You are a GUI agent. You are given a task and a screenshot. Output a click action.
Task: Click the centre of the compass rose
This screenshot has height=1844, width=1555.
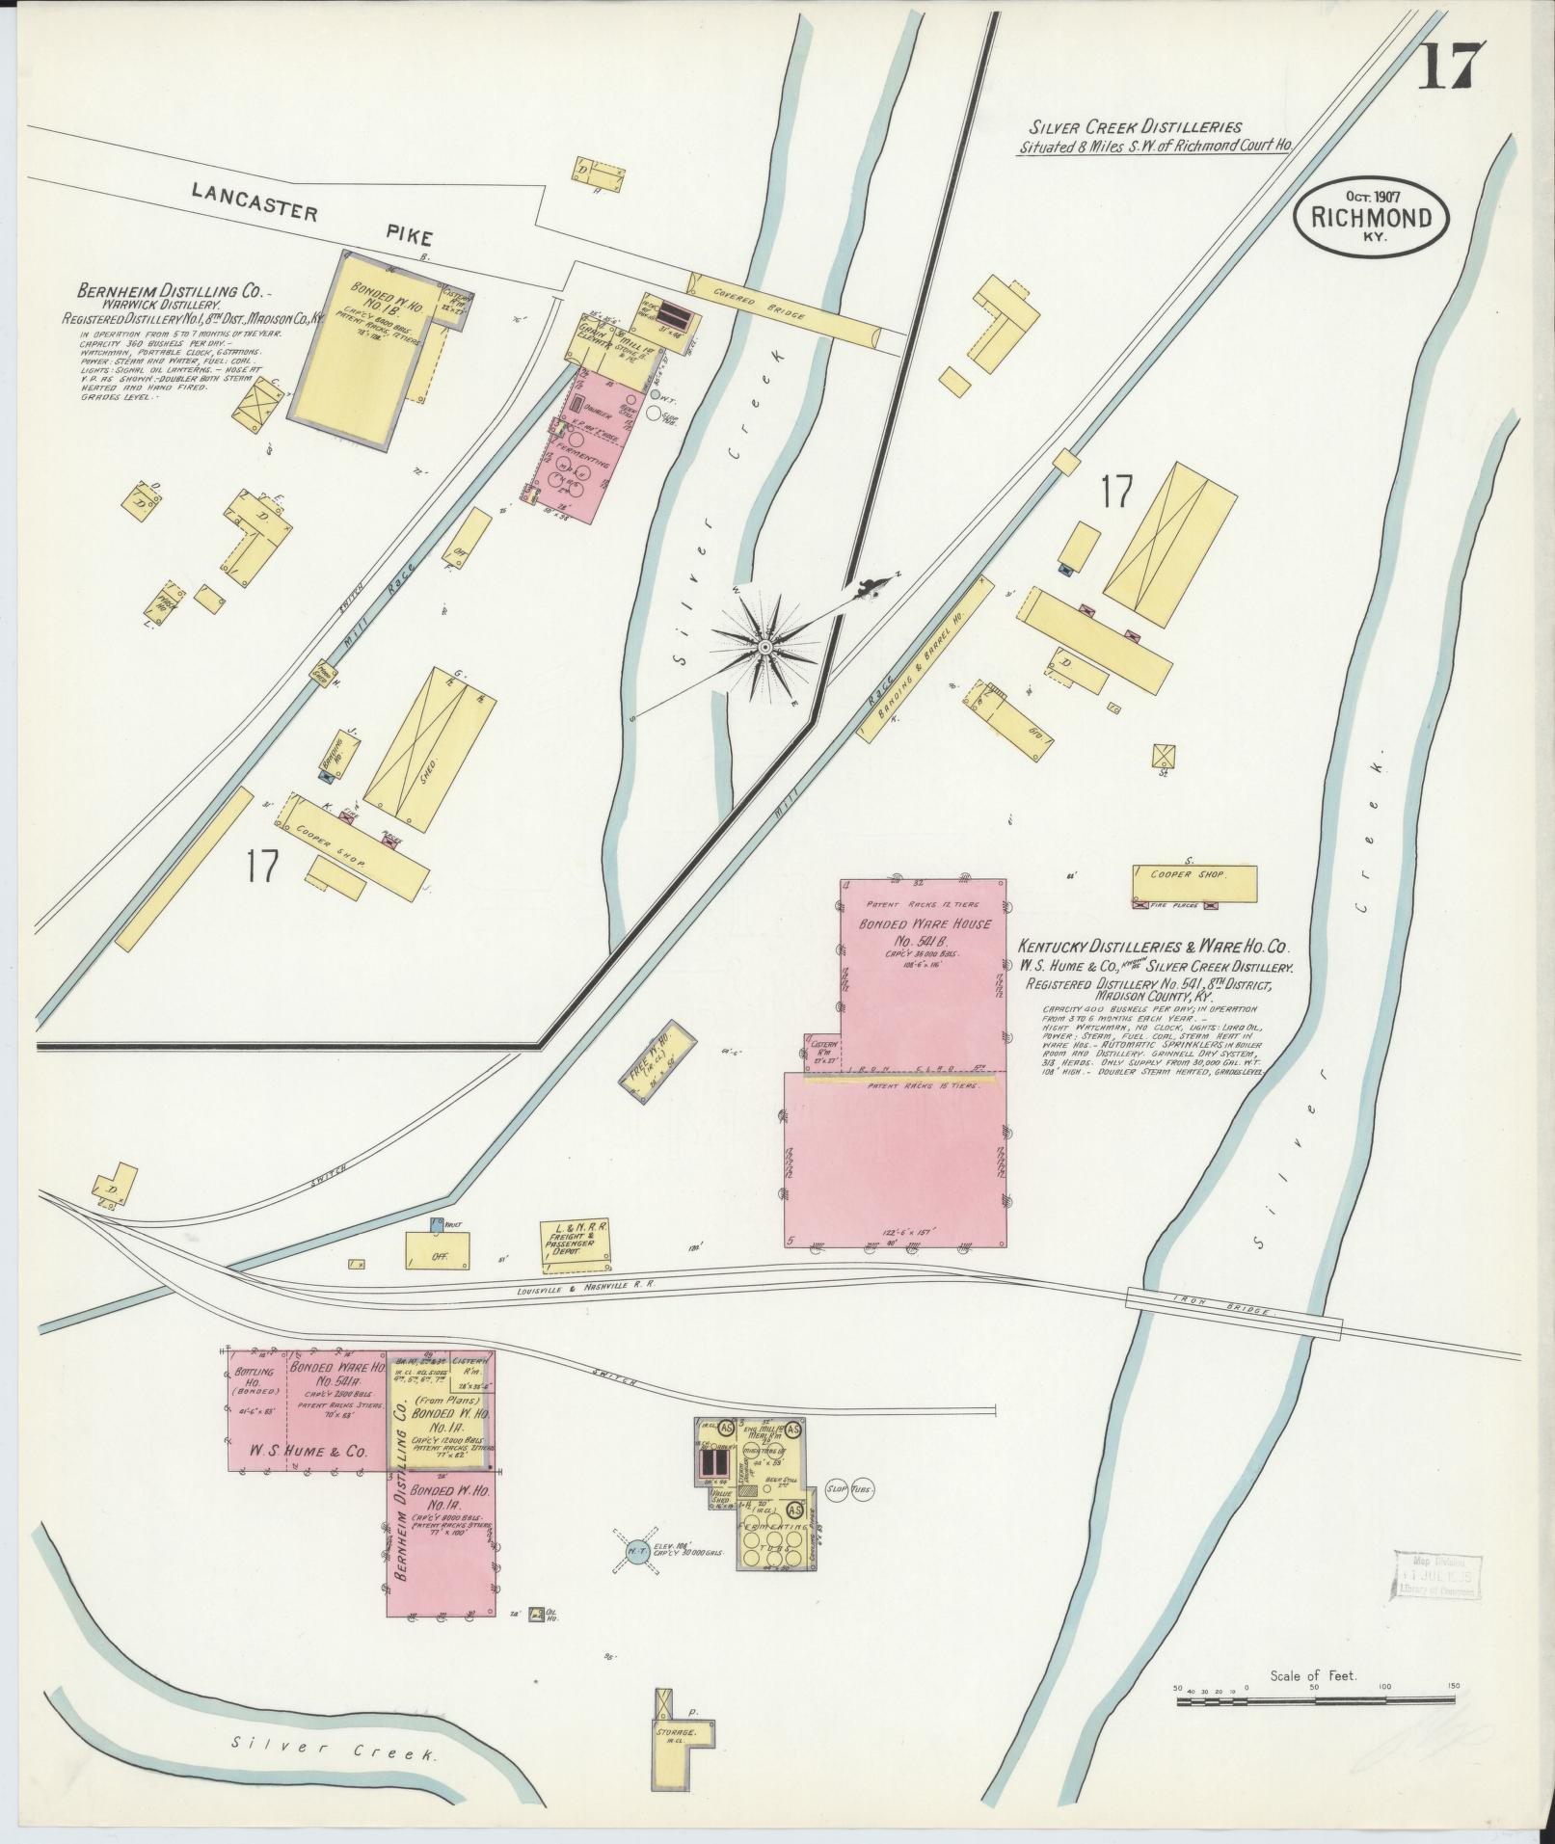(x=764, y=645)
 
